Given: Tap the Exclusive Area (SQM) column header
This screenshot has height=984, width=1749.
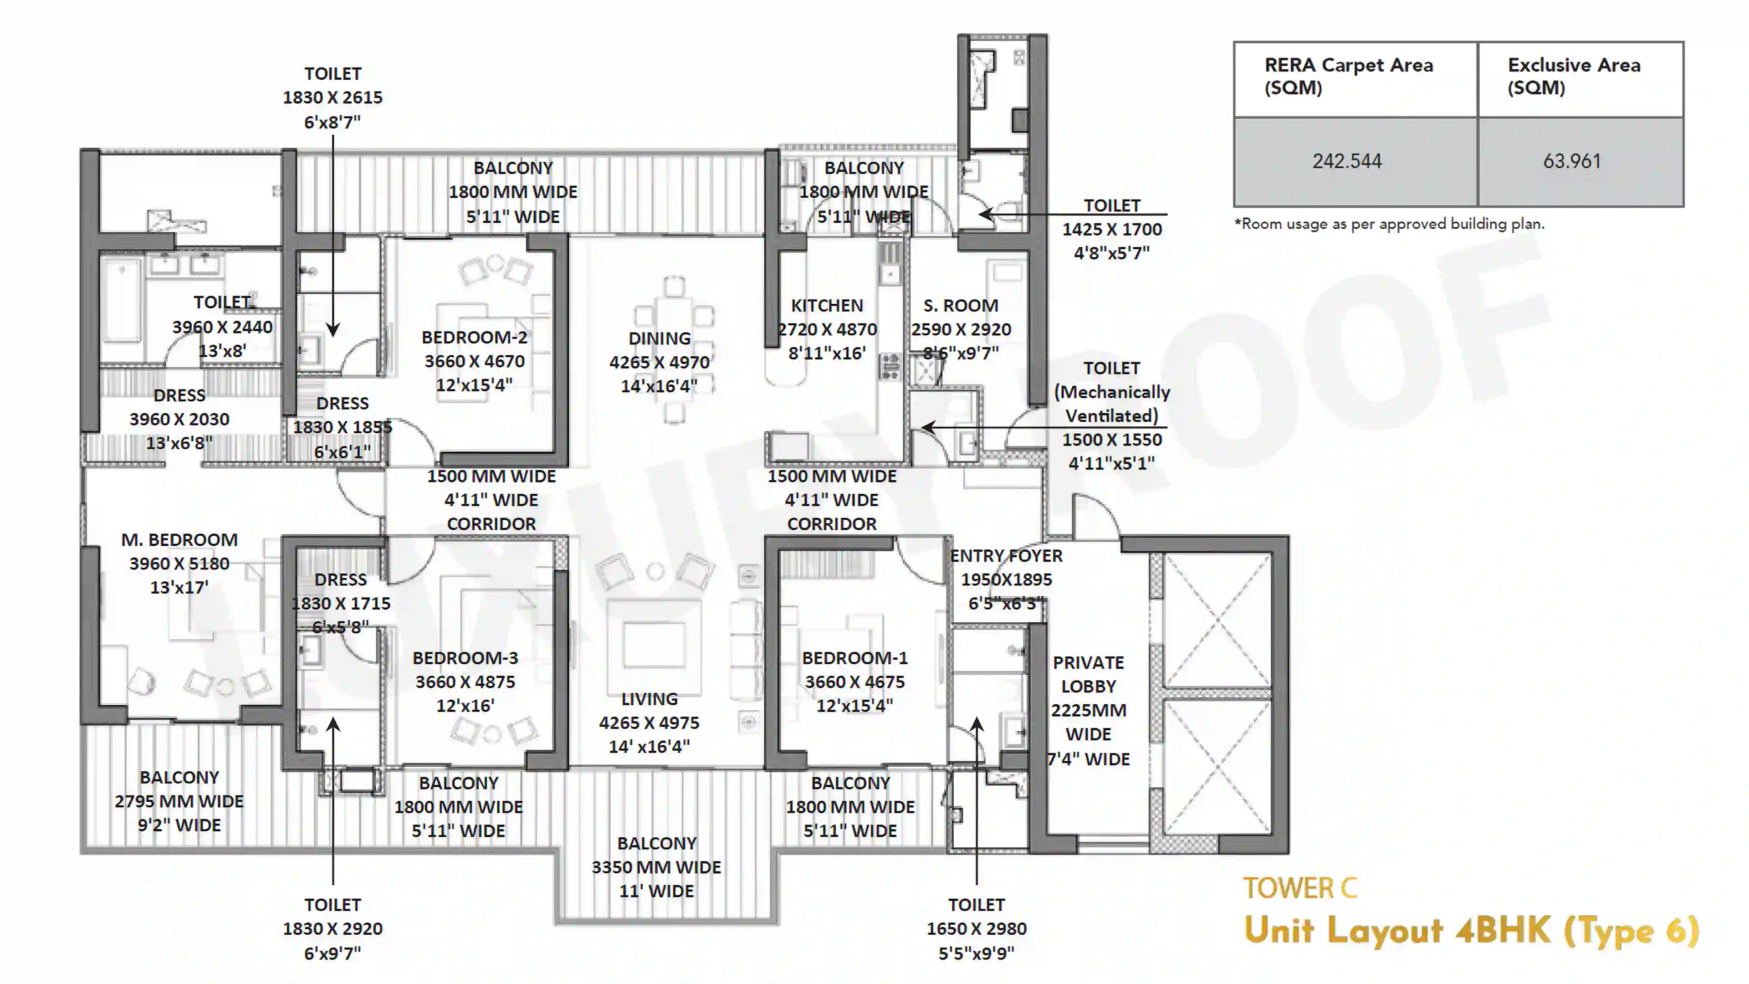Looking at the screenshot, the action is coord(1574,76).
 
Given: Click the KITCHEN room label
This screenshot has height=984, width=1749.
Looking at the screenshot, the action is coord(827,306).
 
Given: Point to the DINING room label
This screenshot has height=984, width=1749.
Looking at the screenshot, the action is coord(659,338).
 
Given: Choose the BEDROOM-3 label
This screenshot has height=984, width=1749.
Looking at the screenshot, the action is coord(465,657).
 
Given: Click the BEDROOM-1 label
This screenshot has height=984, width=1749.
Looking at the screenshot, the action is coord(854,657).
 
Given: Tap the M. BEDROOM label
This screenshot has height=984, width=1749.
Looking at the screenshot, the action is coord(179,539).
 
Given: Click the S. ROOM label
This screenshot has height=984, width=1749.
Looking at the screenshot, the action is coord(961,306).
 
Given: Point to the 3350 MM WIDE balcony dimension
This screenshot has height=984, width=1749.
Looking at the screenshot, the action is coord(656,867).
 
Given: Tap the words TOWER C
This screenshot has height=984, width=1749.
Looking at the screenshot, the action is coord(1299,888).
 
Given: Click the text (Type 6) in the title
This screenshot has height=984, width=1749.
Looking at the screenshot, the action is coord(1631,930).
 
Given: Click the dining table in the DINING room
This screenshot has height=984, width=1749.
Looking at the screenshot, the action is coord(674,349).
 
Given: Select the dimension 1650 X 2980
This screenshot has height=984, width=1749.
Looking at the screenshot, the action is coord(977,928).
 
